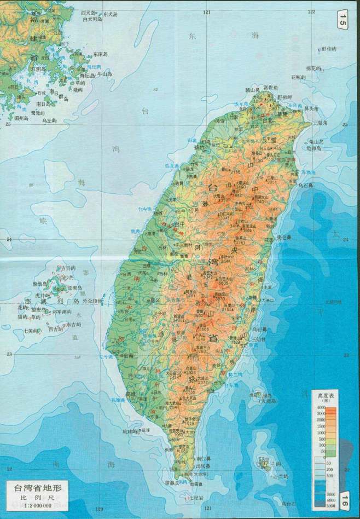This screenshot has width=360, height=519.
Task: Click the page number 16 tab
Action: [x=344, y=500]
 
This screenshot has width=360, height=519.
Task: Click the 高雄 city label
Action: [x=131, y=394]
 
